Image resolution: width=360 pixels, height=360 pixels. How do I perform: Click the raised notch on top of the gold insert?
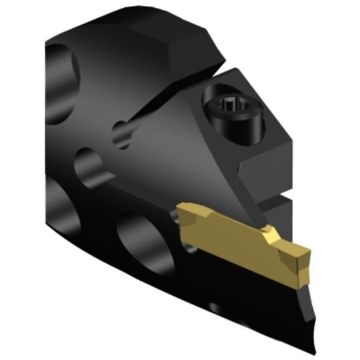pyautogui.click(x=267, y=230)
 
